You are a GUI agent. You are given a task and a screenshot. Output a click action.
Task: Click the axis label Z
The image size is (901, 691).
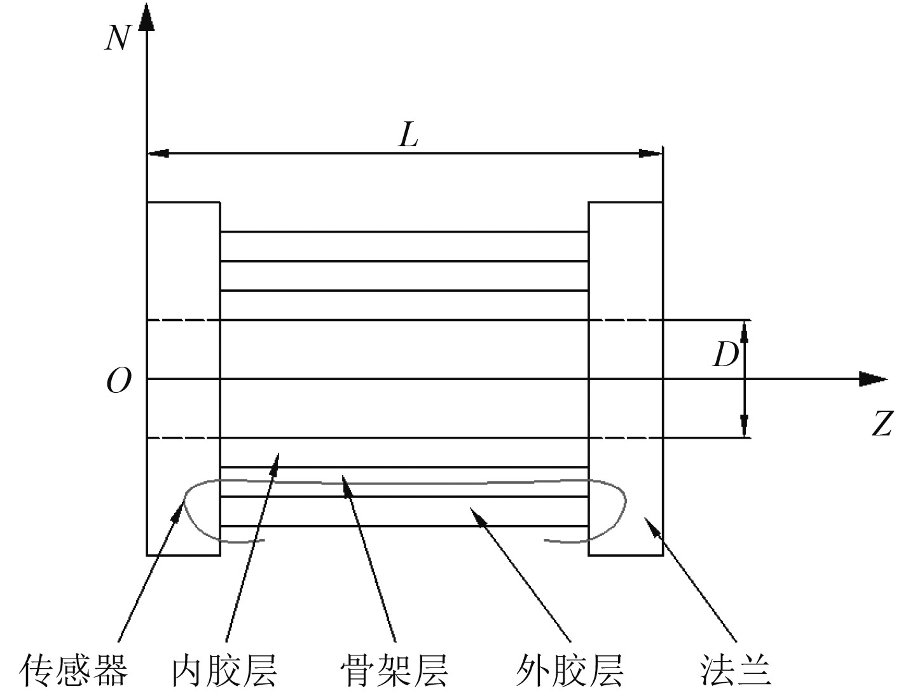[881, 424]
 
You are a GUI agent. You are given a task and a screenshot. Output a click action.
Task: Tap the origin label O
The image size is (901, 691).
[119, 381]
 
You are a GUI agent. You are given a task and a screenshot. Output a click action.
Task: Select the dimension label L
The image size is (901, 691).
[408, 135]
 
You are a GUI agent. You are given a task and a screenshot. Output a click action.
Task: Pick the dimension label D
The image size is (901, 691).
[725, 355]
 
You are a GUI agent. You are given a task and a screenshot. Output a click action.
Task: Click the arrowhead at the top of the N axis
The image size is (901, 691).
[147, 16]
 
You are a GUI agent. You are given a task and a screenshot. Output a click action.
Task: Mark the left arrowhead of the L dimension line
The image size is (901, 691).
[158, 153]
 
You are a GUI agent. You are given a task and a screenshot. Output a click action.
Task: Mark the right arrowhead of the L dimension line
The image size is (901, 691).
[651, 153]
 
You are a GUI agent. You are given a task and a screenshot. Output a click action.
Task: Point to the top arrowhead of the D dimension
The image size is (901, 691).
[745, 331]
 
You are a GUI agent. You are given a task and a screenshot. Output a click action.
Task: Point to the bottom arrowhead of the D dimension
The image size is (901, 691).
[745, 427]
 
